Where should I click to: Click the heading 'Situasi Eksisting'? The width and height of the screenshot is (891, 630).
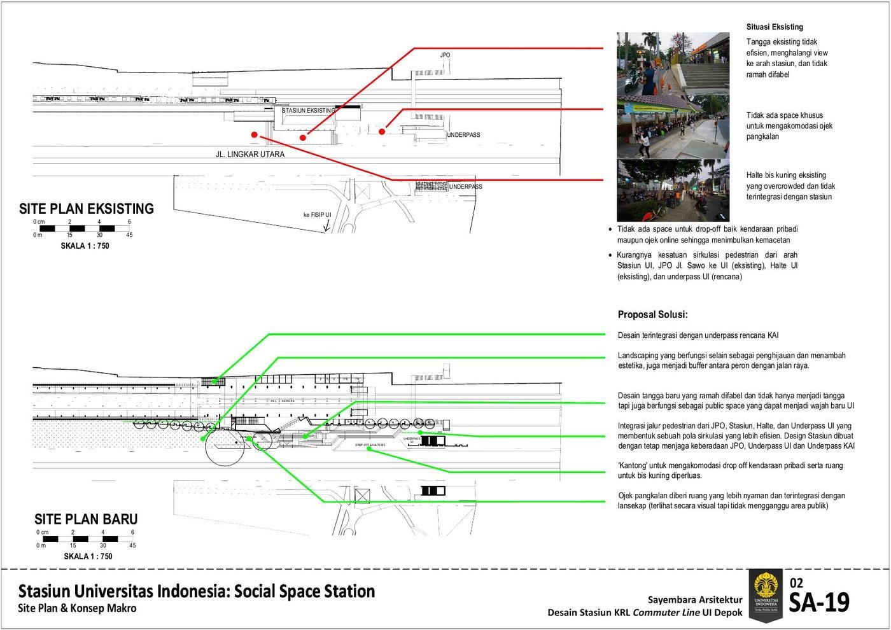pyautogui.click(x=775, y=27)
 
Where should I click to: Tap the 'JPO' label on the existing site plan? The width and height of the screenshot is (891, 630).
pyautogui.click(x=445, y=55)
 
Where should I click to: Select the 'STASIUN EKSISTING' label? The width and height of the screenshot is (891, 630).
pyautogui.click(x=308, y=111)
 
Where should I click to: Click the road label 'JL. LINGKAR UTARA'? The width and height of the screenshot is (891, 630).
pyautogui.click(x=250, y=155)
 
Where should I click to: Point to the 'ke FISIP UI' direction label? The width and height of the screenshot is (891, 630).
pyautogui.click(x=316, y=215)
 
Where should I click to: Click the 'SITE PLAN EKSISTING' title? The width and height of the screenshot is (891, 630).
pyautogui.click(x=87, y=209)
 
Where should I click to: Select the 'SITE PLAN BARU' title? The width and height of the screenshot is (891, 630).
pyautogui.click(x=86, y=519)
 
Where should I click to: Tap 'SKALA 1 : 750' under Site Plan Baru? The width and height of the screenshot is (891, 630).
pyautogui.click(x=88, y=556)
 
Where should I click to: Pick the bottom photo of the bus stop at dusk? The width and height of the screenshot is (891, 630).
pyautogui.click(x=673, y=190)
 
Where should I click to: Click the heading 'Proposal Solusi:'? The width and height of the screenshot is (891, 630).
pyautogui.click(x=652, y=315)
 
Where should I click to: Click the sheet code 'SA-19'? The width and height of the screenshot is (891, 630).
pyautogui.click(x=819, y=603)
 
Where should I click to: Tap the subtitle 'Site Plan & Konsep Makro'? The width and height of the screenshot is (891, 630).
pyautogui.click(x=77, y=608)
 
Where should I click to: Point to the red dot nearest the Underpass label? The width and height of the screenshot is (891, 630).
pyautogui.click(x=382, y=132)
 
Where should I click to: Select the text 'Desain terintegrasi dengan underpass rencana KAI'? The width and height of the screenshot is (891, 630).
pyautogui.click(x=698, y=335)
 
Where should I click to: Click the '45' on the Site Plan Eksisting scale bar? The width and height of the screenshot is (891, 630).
pyautogui.click(x=129, y=235)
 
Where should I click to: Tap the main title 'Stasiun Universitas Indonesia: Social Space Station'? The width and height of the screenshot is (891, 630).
pyautogui.click(x=197, y=591)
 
